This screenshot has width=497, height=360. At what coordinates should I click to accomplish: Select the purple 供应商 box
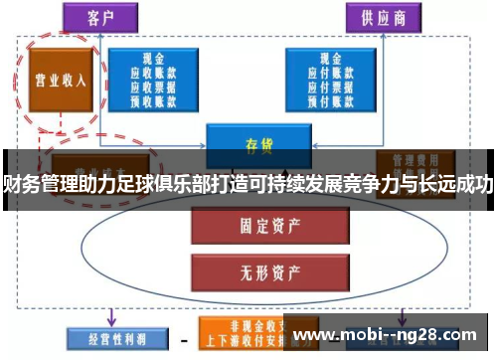tap(383, 17)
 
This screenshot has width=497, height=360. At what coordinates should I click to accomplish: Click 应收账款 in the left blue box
tap(153, 73)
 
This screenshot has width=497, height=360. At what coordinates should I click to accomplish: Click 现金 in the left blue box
tap(153, 60)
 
